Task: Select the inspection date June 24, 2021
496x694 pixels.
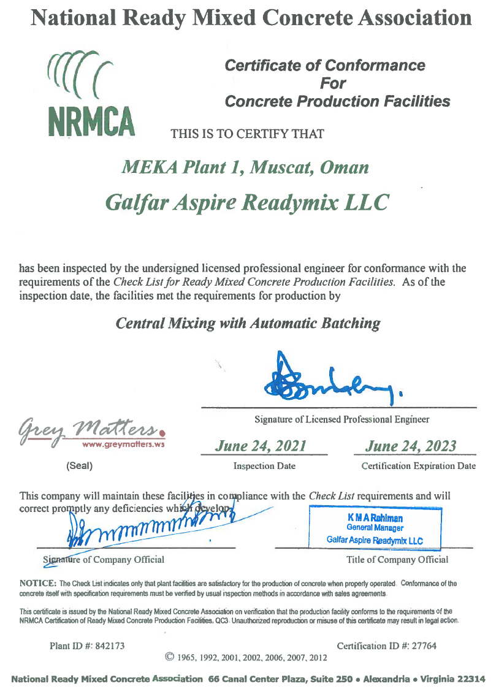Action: (x=261, y=446)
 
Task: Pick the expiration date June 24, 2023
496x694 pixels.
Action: (x=411, y=446)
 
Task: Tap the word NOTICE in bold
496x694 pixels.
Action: (x=39, y=584)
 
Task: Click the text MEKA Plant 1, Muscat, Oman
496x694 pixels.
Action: (x=246, y=167)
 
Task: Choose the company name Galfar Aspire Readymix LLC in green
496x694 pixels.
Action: (x=247, y=201)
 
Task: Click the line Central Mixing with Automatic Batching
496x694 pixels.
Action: (x=248, y=322)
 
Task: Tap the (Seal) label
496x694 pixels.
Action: (x=79, y=466)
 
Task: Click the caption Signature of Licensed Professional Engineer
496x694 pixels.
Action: (x=341, y=420)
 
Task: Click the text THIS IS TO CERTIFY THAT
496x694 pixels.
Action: (x=247, y=133)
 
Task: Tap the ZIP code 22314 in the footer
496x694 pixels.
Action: (x=471, y=679)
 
